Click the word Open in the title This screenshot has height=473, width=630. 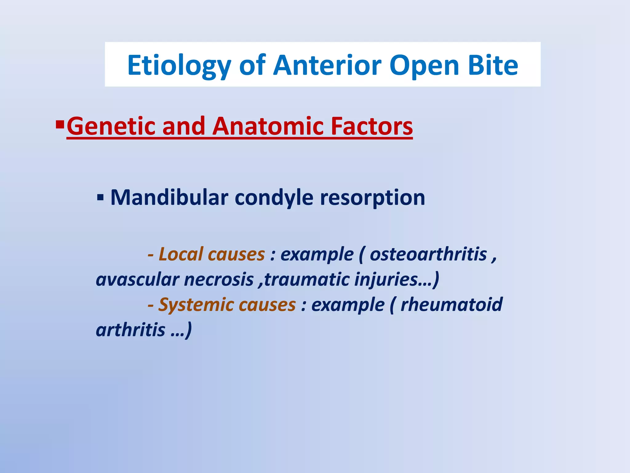(x=424, y=66)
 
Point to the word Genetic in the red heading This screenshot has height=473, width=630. (x=111, y=126)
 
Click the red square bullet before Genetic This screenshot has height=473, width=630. (x=60, y=124)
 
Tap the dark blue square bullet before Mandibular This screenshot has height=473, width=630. (x=100, y=197)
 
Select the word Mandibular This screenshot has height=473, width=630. (x=169, y=197)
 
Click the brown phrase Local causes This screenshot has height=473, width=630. (x=211, y=254)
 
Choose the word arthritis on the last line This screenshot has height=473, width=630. (x=131, y=330)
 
